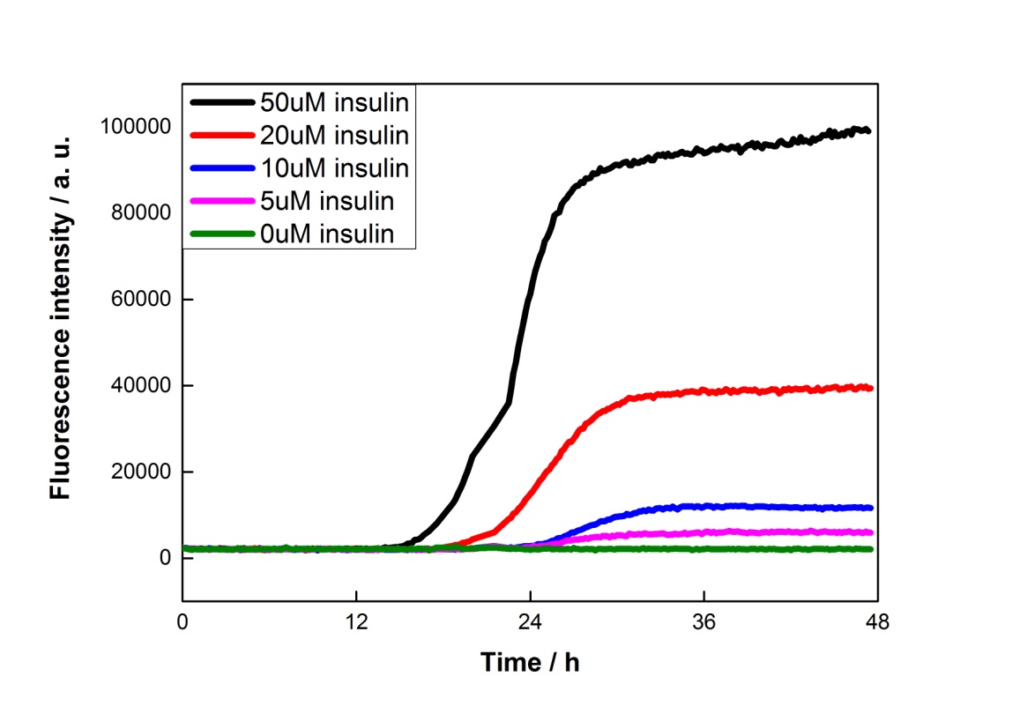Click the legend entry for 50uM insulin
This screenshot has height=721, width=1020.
click(x=334, y=102)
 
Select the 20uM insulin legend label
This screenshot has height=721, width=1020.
click(x=334, y=135)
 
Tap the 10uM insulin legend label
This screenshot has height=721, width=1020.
click(x=334, y=167)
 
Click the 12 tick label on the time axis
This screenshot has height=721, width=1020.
click(x=356, y=621)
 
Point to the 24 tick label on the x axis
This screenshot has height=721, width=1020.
click(x=530, y=621)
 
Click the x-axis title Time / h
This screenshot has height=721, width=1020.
click(x=530, y=662)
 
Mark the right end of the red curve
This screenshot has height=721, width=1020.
click(x=871, y=388)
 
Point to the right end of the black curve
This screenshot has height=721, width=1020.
click(x=869, y=130)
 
